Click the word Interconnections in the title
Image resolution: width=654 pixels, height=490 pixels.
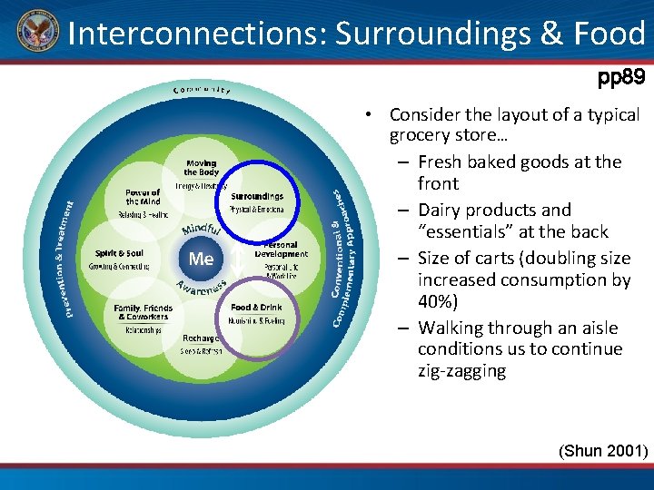[197, 34]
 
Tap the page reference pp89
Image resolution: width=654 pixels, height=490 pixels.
[620, 79]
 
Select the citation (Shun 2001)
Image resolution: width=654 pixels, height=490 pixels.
[602, 450]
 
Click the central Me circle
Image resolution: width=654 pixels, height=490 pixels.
[201, 259]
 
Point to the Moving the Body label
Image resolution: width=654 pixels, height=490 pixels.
[201, 168]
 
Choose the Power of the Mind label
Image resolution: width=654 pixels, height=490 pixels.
[143, 197]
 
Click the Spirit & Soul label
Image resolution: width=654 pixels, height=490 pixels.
[119, 253]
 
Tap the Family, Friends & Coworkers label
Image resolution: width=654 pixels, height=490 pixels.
[143, 313]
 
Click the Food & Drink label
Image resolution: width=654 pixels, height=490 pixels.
[256, 308]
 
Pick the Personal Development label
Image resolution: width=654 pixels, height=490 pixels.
[281, 250]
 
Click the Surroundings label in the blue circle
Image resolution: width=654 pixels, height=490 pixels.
[257, 196]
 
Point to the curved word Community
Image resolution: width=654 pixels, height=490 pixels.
[202, 89]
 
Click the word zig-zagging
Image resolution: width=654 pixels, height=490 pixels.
[461, 371]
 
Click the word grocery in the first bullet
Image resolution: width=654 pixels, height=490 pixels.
[419, 136]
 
